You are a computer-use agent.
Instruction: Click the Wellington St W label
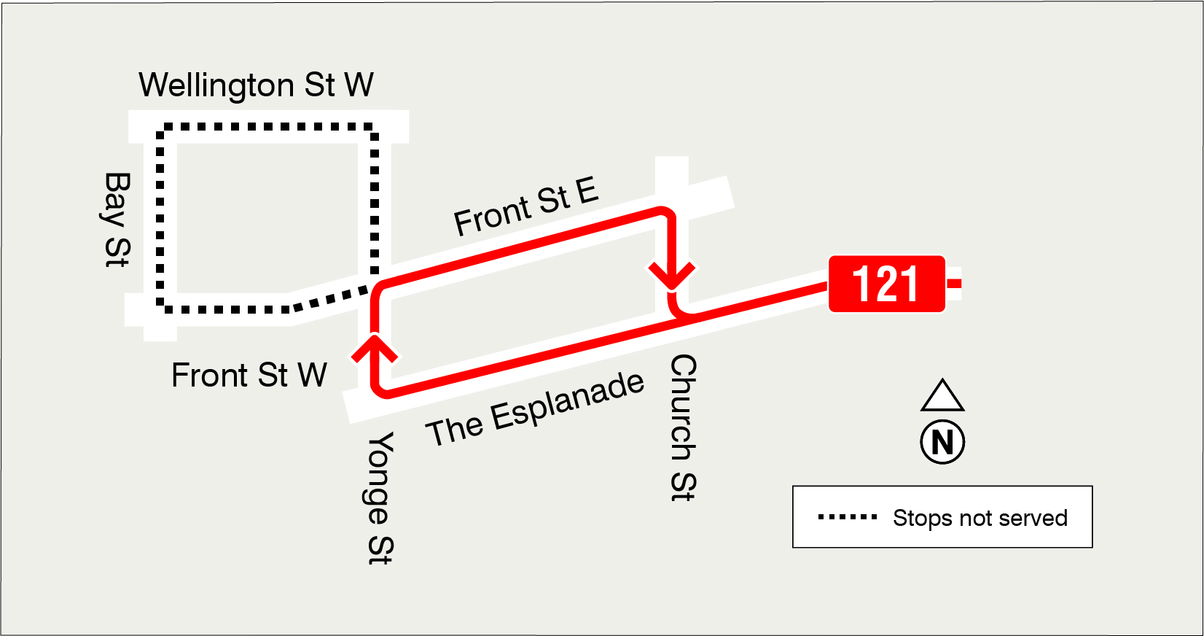pyautogui.click(x=256, y=85)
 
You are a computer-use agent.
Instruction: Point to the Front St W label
pyautogui.click(x=249, y=376)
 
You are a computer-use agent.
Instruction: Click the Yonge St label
pyautogui.click(x=380, y=498)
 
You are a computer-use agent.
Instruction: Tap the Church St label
pyautogui.click(x=683, y=428)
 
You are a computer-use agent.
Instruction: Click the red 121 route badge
pyautogui.click(x=886, y=284)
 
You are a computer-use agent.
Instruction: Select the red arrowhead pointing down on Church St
pyautogui.click(x=671, y=276)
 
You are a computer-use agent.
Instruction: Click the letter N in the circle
pyautogui.click(x=942, y=442)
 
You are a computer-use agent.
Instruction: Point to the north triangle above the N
pyautogui.click(x=942, y=396)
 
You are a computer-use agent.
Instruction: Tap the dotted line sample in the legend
pyautogui.click(x=848, y=517)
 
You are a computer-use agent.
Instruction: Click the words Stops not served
pyautogui.click(x=980, y=518)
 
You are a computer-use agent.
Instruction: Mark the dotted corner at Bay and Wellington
pyautogui.click(x=161, y=128)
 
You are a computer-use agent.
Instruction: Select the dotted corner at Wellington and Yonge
pyautogui.click(x=373, y=128)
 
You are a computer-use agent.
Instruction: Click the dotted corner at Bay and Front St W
pyautogui.click(x=161, y=308)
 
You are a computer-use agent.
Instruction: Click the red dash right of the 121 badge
pyautogui.click(x=953, y=283)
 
